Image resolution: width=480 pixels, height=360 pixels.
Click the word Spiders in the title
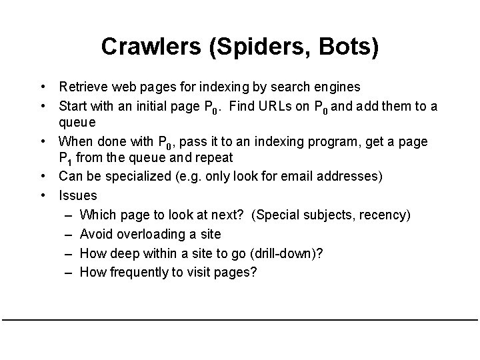242,47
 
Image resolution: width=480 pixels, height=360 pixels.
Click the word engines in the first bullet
337,87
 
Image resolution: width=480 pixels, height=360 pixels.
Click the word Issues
77,195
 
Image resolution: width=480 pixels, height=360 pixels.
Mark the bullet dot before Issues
42,195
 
